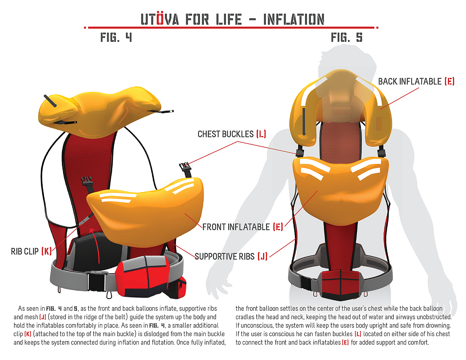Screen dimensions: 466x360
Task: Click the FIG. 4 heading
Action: point(116,37)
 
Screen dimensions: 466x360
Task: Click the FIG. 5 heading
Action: point(347,37)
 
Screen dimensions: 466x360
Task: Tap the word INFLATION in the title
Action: point(294,20)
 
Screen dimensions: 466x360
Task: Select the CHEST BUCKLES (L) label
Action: point(232,134)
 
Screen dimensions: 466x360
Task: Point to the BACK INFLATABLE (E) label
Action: point(416,82)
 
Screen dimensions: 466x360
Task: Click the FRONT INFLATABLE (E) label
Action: point(242,227)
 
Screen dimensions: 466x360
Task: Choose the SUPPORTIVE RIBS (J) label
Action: point(231,257)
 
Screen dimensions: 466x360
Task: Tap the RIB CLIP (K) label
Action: point(31,252)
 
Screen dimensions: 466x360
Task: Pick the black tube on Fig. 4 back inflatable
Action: point(50,101)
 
